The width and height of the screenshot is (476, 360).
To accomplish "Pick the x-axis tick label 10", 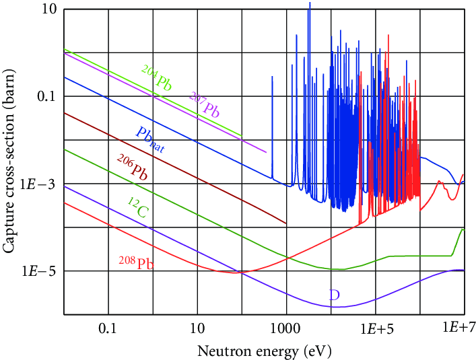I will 197,329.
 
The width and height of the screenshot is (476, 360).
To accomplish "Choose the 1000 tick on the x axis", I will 285,329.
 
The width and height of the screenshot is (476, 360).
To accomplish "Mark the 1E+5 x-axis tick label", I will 375,329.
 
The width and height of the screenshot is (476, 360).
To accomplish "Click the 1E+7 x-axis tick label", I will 463,328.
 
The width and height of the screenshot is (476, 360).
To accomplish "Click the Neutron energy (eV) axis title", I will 264,351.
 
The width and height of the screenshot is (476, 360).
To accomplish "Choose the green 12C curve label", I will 138,208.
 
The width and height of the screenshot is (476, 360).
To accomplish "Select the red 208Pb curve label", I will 136,262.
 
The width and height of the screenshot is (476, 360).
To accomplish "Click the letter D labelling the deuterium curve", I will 334,294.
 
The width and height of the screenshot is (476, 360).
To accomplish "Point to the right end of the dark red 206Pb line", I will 286,223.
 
